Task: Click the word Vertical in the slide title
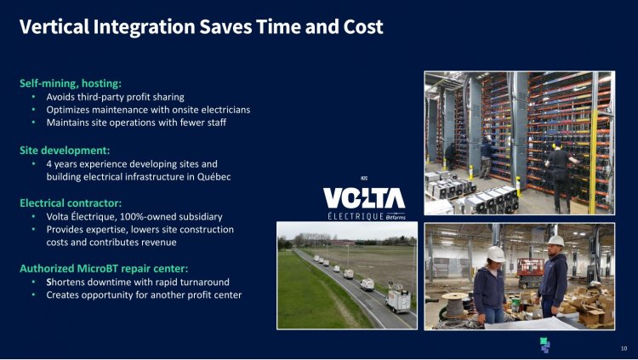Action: pos(54,27)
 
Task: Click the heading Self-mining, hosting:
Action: pos(71,83)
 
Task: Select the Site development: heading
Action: pos(65,151)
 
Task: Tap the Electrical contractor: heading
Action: pos(71,203)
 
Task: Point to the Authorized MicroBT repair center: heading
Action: pos(104,269)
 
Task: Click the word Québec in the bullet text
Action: pos(214,177)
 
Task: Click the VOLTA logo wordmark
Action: pos(364,198)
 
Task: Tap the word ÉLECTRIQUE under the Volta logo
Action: pos(356,216)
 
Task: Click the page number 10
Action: pos(624,348)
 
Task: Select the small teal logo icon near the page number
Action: pos(544,345)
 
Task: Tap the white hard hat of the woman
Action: pos(496,254)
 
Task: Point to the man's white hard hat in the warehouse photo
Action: pos(555,241)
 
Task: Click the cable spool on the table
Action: pos(454,305)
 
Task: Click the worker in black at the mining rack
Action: pos(561,175)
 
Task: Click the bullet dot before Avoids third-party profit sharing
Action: pos(34,97)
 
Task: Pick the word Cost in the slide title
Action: pos(363,27)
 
